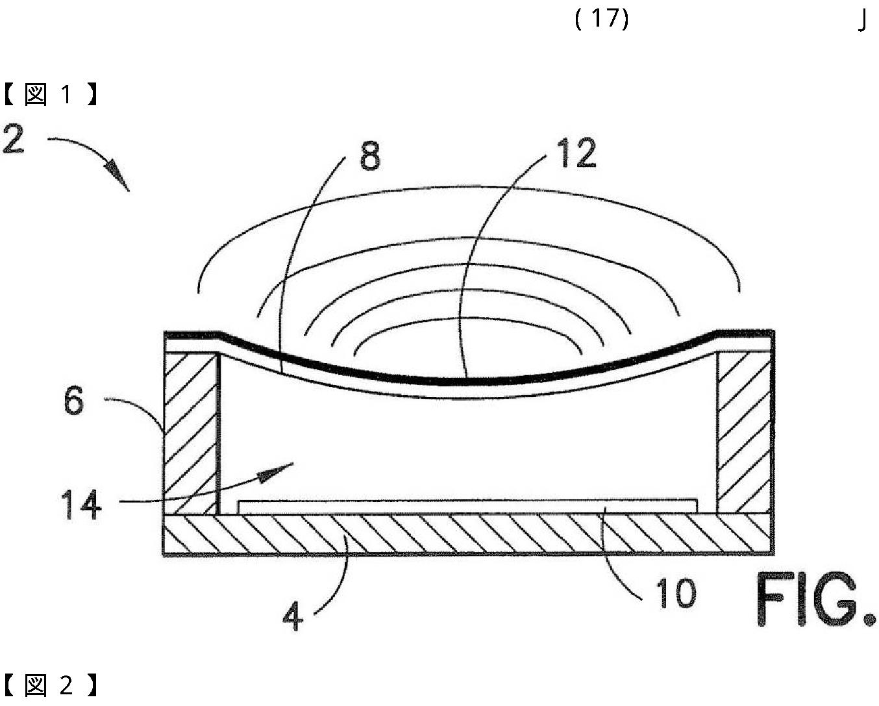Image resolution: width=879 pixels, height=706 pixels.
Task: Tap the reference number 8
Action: click(x=369, y=157)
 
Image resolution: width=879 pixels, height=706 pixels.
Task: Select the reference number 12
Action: click(x=576, y=154)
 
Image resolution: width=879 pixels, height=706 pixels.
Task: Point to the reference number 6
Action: click(x=74, y=401)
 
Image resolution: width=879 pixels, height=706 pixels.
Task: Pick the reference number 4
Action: click(x=293, y=615)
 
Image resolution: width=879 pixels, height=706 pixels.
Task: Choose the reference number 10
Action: click(x=675, y=593)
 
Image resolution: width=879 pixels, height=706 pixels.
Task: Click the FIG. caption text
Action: click(x=815, y=599)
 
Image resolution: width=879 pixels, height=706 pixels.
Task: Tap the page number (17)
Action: click(x=602, y=18)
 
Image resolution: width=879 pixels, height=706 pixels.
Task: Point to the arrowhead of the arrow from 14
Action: click(x=273, y=472)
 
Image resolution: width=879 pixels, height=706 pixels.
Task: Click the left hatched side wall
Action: click(x=190, y=432)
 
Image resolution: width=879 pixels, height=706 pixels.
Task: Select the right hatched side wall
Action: click(x=744, y=432)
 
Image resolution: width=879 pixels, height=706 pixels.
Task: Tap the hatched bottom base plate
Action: click(x=467, y=534)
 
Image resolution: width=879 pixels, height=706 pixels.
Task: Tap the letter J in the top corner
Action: click(x=862, y=21)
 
